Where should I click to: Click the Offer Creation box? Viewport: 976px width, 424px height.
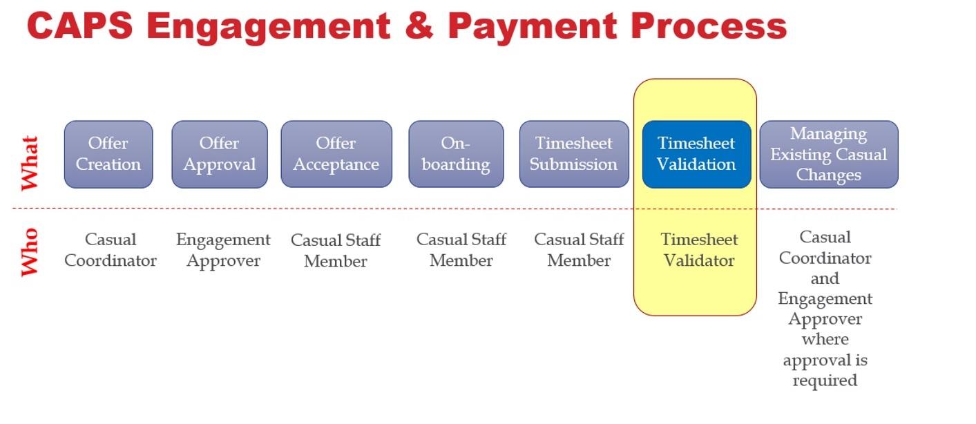tap(108, 154)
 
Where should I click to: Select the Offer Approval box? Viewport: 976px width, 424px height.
tap(220, 154)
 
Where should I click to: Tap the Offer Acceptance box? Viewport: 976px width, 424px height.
tap(336, 154)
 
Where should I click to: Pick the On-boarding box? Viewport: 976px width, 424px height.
tap(456, 154)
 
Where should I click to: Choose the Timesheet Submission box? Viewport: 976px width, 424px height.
tap(574, 154)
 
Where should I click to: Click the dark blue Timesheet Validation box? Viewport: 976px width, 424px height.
tap(696, 154)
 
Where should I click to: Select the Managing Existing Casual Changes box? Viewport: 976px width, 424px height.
tap(829, 154)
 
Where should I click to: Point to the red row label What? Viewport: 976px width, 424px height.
tap(30, 163)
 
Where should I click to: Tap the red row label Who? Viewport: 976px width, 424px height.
tap(30, 252)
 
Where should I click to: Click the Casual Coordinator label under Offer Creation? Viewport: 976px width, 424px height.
tap(111, 250)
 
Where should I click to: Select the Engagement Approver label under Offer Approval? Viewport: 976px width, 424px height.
tap(223, 250)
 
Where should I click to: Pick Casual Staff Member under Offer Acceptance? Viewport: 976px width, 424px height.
tap(336, 250)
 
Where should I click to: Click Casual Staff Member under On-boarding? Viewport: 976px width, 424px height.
tap(461, 250)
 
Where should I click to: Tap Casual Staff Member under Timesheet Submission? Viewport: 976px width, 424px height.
tap(579, 250)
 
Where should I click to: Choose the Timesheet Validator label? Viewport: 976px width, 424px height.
tap(699, 250)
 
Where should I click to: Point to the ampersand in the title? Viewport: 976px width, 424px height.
tap(419, 26)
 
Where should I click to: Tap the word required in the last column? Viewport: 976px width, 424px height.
tap(825, 380)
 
